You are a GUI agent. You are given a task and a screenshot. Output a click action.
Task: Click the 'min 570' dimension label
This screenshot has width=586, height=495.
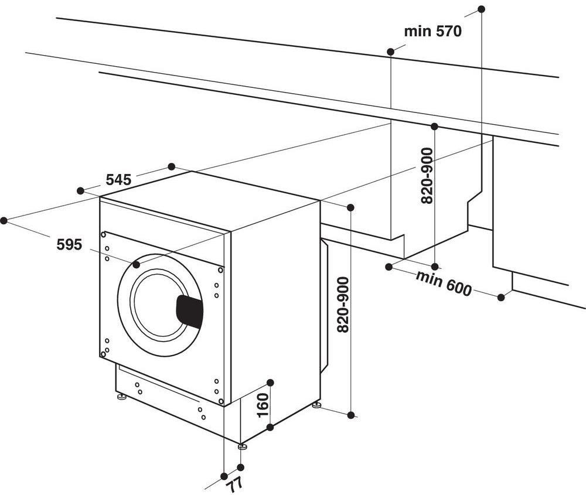(x=432, y=31)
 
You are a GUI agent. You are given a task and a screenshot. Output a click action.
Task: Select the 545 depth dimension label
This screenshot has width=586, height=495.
(x=118, y=180)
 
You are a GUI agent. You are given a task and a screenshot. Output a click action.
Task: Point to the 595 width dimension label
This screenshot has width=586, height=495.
(x=69, y=244)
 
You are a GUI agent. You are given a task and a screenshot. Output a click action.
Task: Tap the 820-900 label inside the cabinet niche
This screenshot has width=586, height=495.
(x=427, y=176)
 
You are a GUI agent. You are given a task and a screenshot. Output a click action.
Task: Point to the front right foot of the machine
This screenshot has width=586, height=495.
(x=241, y=446)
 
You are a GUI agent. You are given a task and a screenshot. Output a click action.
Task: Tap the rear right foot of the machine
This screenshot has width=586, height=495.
(x=316, y=405)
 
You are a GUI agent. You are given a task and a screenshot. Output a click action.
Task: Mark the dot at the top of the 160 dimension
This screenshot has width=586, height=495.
(x=270, y=383)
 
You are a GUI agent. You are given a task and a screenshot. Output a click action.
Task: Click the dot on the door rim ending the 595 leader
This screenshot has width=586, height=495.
(x=137, y=265)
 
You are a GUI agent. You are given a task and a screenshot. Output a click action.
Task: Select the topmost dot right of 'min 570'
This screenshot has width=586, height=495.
(x=482, y=9)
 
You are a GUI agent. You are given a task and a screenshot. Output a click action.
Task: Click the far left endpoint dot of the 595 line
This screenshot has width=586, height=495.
(x=4, y=220)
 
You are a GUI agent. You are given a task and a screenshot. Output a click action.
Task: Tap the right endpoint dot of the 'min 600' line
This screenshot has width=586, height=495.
(x=501, y=298)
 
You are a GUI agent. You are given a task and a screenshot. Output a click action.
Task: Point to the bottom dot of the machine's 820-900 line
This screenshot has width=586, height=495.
(x=350, y=415)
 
